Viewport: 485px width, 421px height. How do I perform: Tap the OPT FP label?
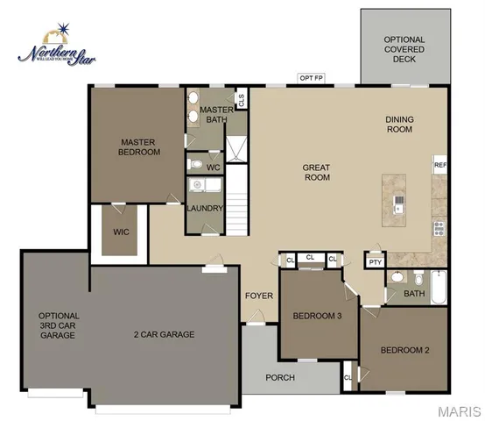(x=311, y=79)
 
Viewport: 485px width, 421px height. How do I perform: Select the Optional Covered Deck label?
(x=404, y=51)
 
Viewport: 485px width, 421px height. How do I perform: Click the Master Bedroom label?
(x=140, y=146)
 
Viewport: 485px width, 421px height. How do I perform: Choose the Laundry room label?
(x=205, y=208)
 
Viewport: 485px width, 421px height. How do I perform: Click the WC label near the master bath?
(x=213, y=167)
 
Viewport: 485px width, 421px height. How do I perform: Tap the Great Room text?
(x=315, y=172)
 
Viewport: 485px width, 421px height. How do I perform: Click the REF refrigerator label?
(x=440, y=164)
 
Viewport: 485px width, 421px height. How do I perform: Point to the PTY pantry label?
(x=375, y=261)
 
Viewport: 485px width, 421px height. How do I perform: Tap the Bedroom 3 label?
(x=316, y=316)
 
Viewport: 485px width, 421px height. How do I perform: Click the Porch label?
(x=281, y=378)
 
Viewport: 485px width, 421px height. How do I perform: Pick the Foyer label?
(x=259, y=296)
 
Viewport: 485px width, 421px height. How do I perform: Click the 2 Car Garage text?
(x=164, y=334)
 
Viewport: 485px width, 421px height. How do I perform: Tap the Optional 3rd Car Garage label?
(x=59, y=325)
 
